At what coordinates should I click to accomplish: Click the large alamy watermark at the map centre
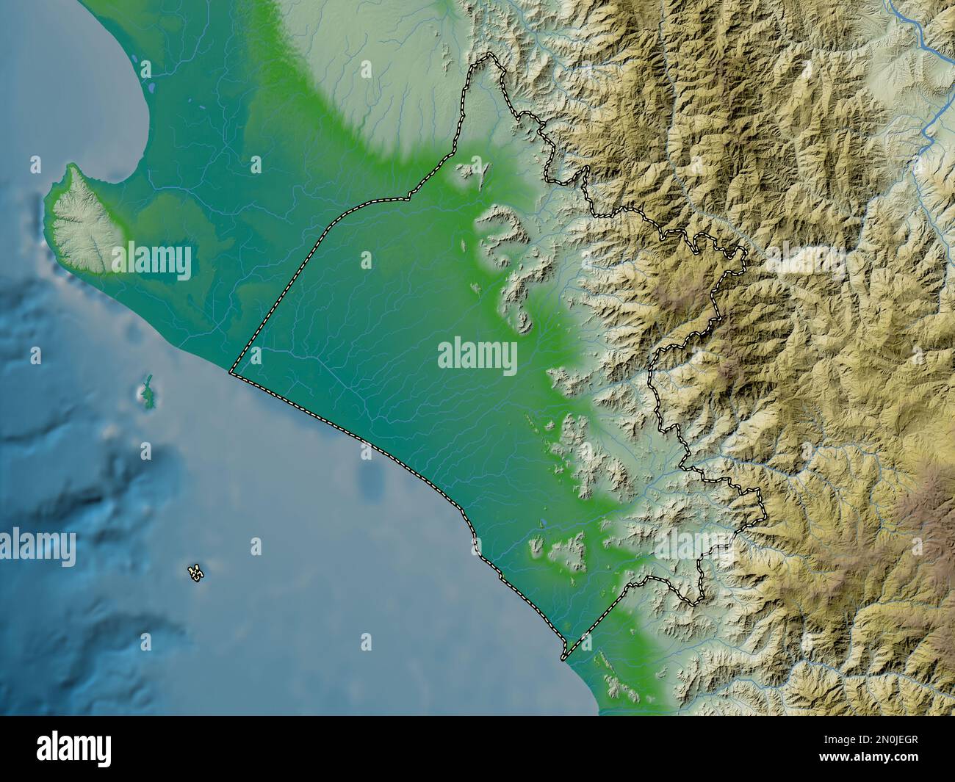(478, 358)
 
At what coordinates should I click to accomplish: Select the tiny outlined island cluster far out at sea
(195, 572)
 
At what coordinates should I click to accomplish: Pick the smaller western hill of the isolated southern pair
(538, 546)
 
